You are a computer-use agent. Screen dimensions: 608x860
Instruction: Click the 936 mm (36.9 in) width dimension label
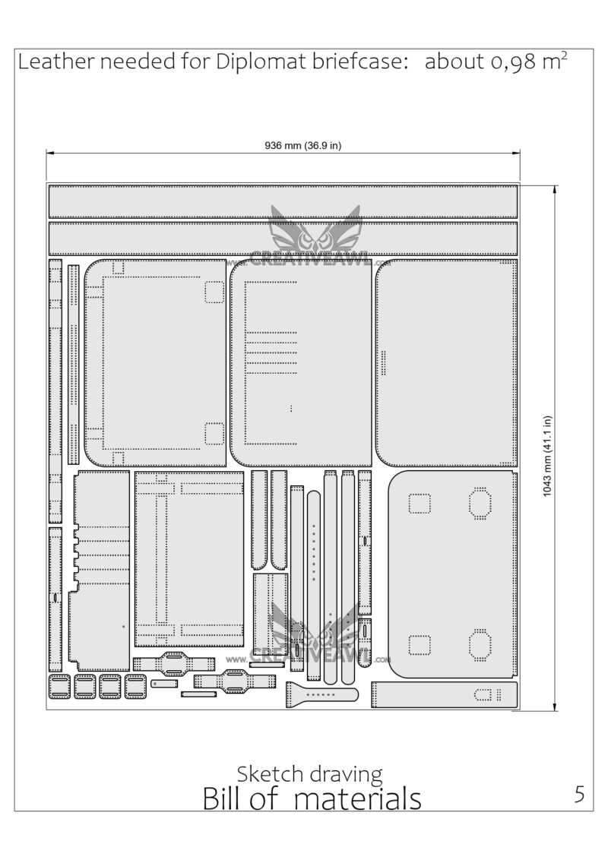pos(303,145)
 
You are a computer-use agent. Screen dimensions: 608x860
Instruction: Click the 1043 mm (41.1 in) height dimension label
pos(547,456)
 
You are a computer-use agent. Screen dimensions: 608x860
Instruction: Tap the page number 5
pos(579,794)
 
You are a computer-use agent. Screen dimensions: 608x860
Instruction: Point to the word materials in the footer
pos(357,798)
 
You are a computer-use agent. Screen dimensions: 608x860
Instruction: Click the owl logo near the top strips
pos(315,229)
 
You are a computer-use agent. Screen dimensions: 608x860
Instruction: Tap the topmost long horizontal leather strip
pos(283,202)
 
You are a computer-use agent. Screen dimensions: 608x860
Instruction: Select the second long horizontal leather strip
pos(283,239)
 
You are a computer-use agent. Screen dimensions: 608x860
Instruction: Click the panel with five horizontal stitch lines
pos(301,363)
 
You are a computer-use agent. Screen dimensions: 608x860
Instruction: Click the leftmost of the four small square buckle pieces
pos(59,687)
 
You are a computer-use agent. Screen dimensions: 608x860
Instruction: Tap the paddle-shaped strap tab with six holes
pos(321,695)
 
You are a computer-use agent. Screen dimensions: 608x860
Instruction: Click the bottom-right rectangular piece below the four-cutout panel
pos(445,695)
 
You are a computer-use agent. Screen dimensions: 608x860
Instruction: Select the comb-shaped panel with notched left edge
pos(100,571)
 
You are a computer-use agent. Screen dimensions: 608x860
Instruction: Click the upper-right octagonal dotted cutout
pos(480,502)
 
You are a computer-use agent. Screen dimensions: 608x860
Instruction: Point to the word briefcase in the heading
pos(358,62)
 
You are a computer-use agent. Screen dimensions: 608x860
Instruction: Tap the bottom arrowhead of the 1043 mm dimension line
pos(556,707)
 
